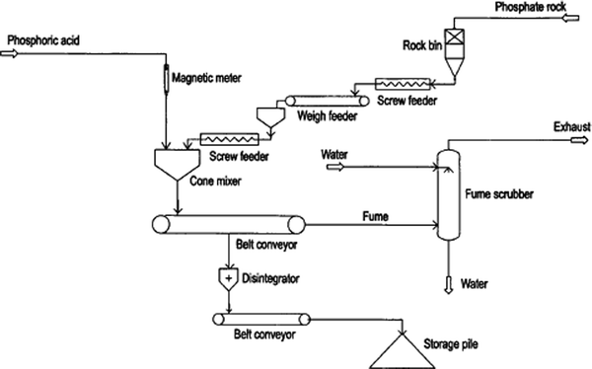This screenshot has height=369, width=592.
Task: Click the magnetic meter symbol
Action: click(x=166, y=75)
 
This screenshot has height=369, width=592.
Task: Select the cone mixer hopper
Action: click(x=177, y=160)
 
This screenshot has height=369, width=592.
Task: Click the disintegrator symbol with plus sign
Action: click(x=229, y=279)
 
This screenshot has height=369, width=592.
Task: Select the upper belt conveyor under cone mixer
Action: click(x=229, y=224)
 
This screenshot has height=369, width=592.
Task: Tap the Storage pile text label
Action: click(x=454, y=343)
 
